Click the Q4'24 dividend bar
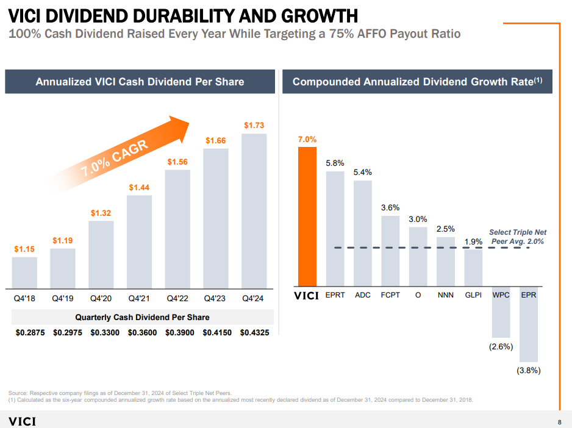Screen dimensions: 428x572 (254, 210)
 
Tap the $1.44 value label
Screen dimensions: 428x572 (139, 187)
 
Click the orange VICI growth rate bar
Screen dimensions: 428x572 (307, 216)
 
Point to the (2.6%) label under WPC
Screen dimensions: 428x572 (501, 347)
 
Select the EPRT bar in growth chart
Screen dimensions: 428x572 (335, 229)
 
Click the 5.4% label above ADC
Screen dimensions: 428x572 (363, 173)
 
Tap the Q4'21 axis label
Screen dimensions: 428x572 (139, 299)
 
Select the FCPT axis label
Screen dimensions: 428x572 (390, 295)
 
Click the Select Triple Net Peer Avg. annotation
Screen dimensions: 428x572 (517, 237)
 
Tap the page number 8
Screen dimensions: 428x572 (559, 423)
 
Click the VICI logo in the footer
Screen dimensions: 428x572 (22, 422)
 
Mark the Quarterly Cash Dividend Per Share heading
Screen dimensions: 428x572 (142, 317)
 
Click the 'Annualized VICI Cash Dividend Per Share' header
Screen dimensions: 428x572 (140, 82)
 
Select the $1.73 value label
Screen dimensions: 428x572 (254, 125)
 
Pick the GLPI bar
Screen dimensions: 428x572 (473, 268)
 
